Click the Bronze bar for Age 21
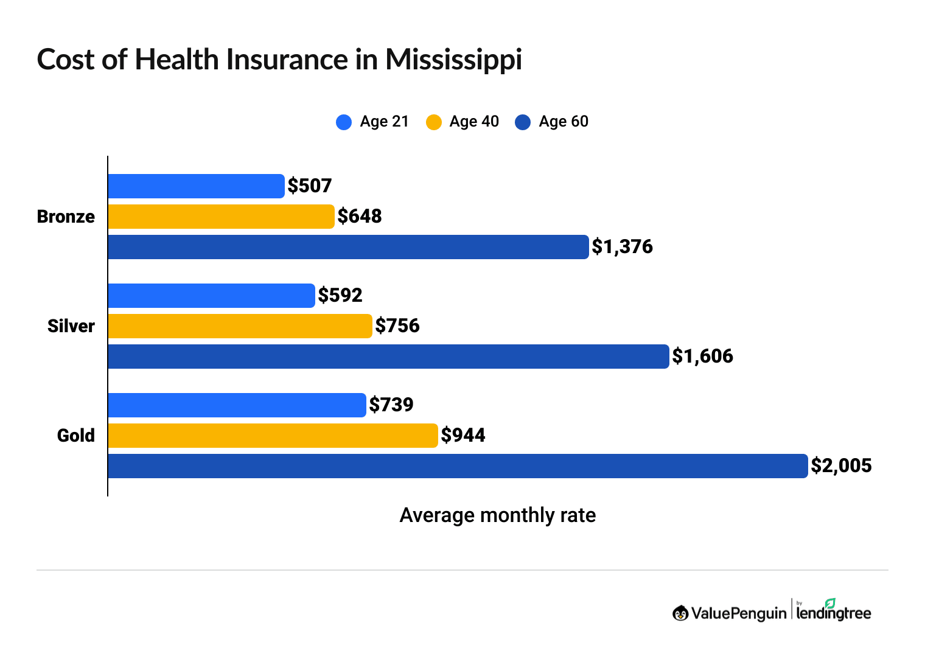coord(196,186)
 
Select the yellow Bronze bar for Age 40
coord(221,217)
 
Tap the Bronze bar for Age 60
coord(348,247)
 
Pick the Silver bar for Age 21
coord(211,296)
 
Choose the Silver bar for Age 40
coord(240,326)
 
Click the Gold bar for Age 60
coord(458,466)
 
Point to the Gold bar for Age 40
coord(273,436)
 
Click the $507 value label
coord(310,186)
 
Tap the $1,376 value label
coord(622,247)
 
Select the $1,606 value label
coord(702,357)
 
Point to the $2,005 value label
coord(841,466)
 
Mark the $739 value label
coord(391,405)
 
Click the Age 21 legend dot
coord(344,122)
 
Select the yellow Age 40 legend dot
coord(433,122)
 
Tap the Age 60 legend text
coord(564,122)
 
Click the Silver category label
coord(71,326)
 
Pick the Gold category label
coord(76,436)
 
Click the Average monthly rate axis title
coord(497,515)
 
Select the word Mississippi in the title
coord(453,60)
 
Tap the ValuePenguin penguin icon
coord(680,613)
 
